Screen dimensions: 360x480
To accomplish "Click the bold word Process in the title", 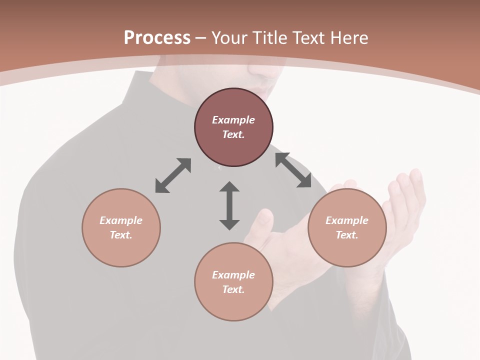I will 157,38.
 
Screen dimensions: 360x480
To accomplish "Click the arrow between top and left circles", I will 173,175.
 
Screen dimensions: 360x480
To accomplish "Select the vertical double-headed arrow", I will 229,205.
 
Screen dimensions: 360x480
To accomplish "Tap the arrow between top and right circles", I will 293,170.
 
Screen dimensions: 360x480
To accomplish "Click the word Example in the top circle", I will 233,120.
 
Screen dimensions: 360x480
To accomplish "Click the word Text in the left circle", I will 121,235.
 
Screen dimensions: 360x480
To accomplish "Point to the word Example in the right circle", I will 347,220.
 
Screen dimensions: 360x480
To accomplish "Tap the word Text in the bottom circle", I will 233,289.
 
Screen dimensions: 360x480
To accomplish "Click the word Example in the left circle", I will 121,220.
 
